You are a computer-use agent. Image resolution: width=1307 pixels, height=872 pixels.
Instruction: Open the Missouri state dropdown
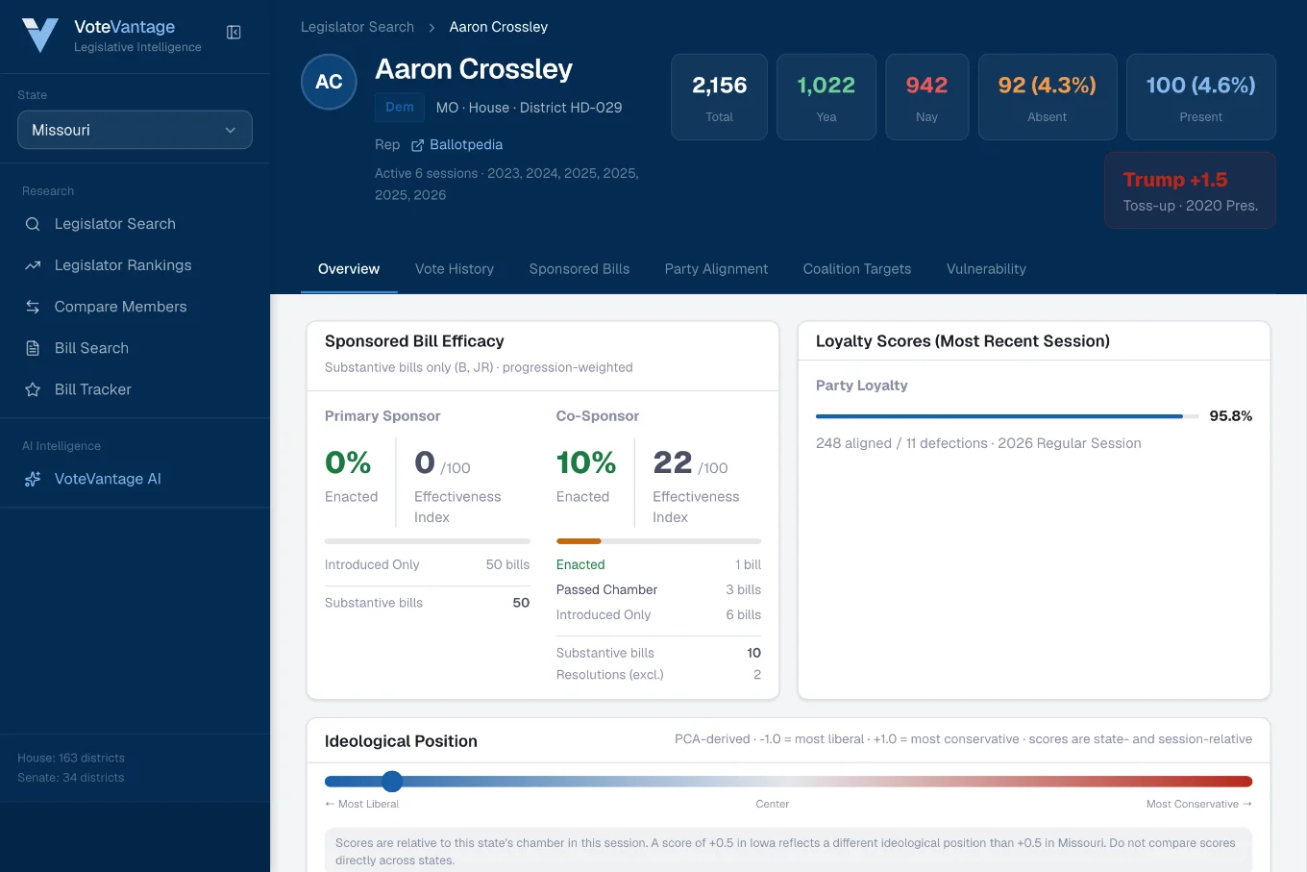point(135,130)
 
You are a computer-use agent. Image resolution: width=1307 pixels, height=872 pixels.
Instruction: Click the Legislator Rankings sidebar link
point(123,265)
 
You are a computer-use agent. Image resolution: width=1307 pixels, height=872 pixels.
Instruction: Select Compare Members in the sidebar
point(120,307)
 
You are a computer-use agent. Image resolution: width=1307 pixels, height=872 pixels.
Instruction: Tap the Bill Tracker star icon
point(33,389)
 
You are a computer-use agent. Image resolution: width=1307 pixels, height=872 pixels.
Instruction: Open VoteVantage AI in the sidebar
point(108,479)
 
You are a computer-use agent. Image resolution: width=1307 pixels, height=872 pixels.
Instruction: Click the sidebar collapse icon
point(234,32)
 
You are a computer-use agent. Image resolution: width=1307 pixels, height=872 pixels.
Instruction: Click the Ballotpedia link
point(465,144)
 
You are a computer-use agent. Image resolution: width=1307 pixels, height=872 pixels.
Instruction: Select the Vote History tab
point(454,268)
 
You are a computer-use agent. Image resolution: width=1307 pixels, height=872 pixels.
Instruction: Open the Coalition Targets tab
point(856,268)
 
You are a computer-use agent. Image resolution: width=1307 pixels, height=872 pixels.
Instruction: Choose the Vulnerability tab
point(986,268)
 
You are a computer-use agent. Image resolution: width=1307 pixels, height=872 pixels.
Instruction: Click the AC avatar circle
point(329,82)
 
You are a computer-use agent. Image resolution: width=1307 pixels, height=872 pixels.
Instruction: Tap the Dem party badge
point(399,108)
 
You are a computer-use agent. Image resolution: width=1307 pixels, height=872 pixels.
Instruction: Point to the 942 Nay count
point(926,86)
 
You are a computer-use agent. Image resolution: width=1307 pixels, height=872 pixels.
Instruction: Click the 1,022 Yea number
point(826,86)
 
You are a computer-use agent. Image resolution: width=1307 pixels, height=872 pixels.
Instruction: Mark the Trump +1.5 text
point(1175,179)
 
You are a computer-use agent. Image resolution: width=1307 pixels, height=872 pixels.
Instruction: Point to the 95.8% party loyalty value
point(1230,415)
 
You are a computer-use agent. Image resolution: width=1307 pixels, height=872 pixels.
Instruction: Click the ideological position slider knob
point(392,781)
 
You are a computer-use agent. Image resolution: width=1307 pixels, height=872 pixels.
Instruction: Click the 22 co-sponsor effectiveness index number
point(672,462)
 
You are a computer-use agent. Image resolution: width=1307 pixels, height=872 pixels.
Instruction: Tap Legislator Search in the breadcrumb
point(358,27)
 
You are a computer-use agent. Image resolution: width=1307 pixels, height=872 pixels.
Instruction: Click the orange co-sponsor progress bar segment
point(579,541)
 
